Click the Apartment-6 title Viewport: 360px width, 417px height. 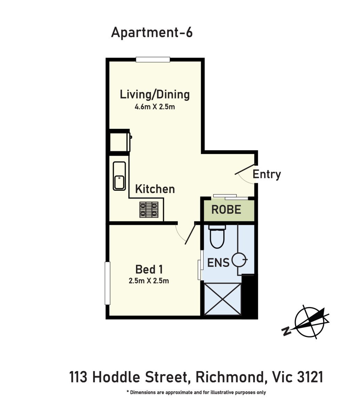tap(152, 33)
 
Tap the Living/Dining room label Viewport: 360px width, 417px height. tap(155, 95)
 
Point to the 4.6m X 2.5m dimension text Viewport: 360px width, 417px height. tap(155, 107)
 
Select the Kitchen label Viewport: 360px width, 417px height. tap(155, 189)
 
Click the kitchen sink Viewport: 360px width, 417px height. tap(119, 176)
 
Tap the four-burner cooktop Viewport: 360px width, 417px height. tap(149, 210)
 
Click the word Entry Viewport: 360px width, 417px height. tap(267, 174)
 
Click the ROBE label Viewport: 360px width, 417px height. tap(226, 210)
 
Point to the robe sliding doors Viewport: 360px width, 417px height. tap(231, 197)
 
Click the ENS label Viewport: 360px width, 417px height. tap(218, 263)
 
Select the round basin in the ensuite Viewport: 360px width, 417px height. tap(239, 260)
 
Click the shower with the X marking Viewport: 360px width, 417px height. tap(223, 299)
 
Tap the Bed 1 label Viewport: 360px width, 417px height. tap(149, 269)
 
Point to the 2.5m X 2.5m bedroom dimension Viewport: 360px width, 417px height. tap(149, 281)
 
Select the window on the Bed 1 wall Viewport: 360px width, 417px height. tap(107, 283)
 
